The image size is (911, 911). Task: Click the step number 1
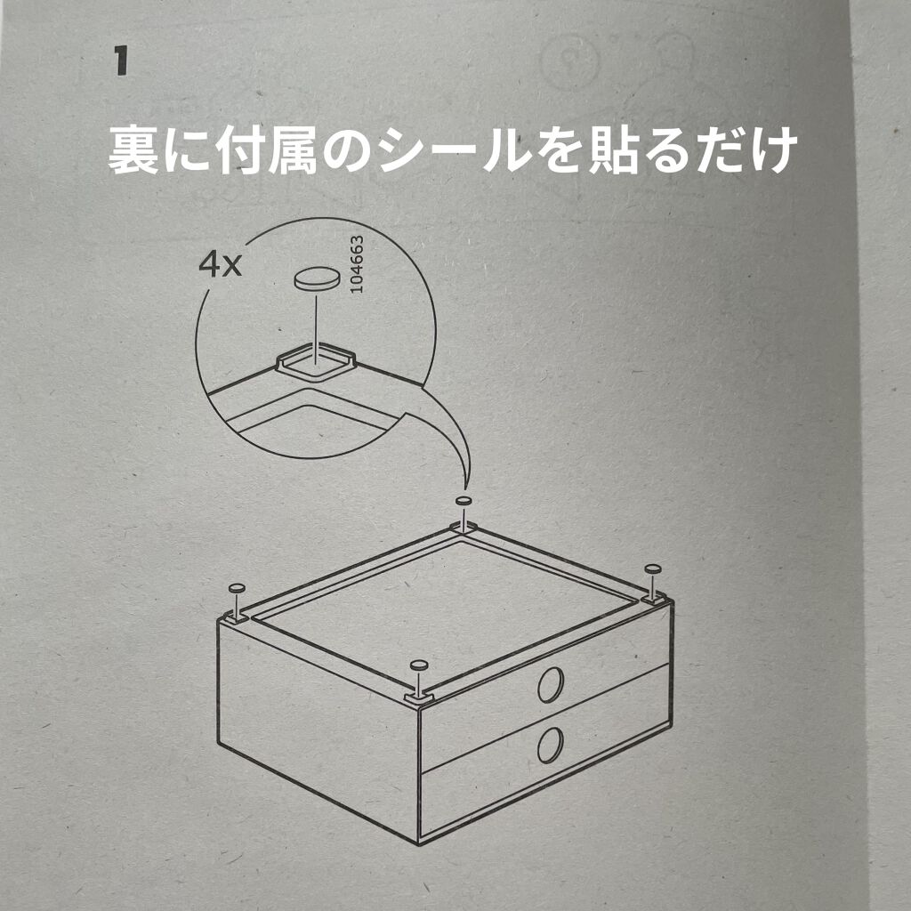(x=120, y=62)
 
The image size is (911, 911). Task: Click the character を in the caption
(x=560, y=149)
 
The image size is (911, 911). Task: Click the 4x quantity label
(x=220, y=265)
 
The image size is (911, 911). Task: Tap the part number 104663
(x=358, y=263)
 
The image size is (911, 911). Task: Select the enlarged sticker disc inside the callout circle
(x=316, y=279)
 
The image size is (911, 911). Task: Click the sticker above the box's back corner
(x=463, y=501)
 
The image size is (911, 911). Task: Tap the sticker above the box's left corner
(x=238, y=589)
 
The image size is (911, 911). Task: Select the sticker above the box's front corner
(x=418, y=665)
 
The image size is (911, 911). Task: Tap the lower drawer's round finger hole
(x=551, y=745)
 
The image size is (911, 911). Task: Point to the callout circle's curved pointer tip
(x=464, y=490)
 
